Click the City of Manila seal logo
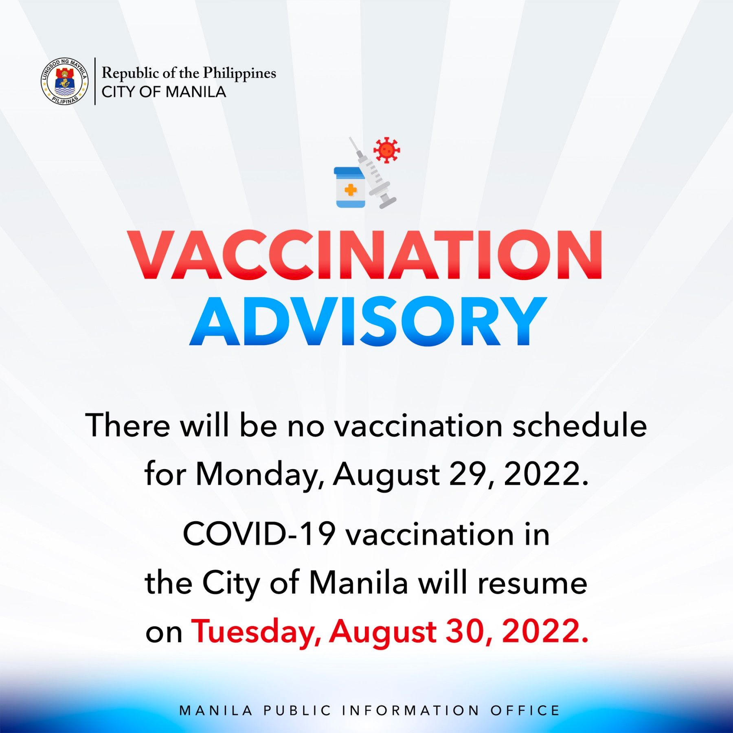[64, 81]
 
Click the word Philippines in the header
[239, 74]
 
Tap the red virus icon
[386, 150]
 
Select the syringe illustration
[373, 173]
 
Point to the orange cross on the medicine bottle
[350, 189]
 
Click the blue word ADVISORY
[368, 321]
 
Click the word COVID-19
[259, 534]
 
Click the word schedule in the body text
[579, 426]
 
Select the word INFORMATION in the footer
[410, 710]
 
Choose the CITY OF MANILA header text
[164, 92]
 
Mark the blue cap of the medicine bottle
[349, 171]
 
